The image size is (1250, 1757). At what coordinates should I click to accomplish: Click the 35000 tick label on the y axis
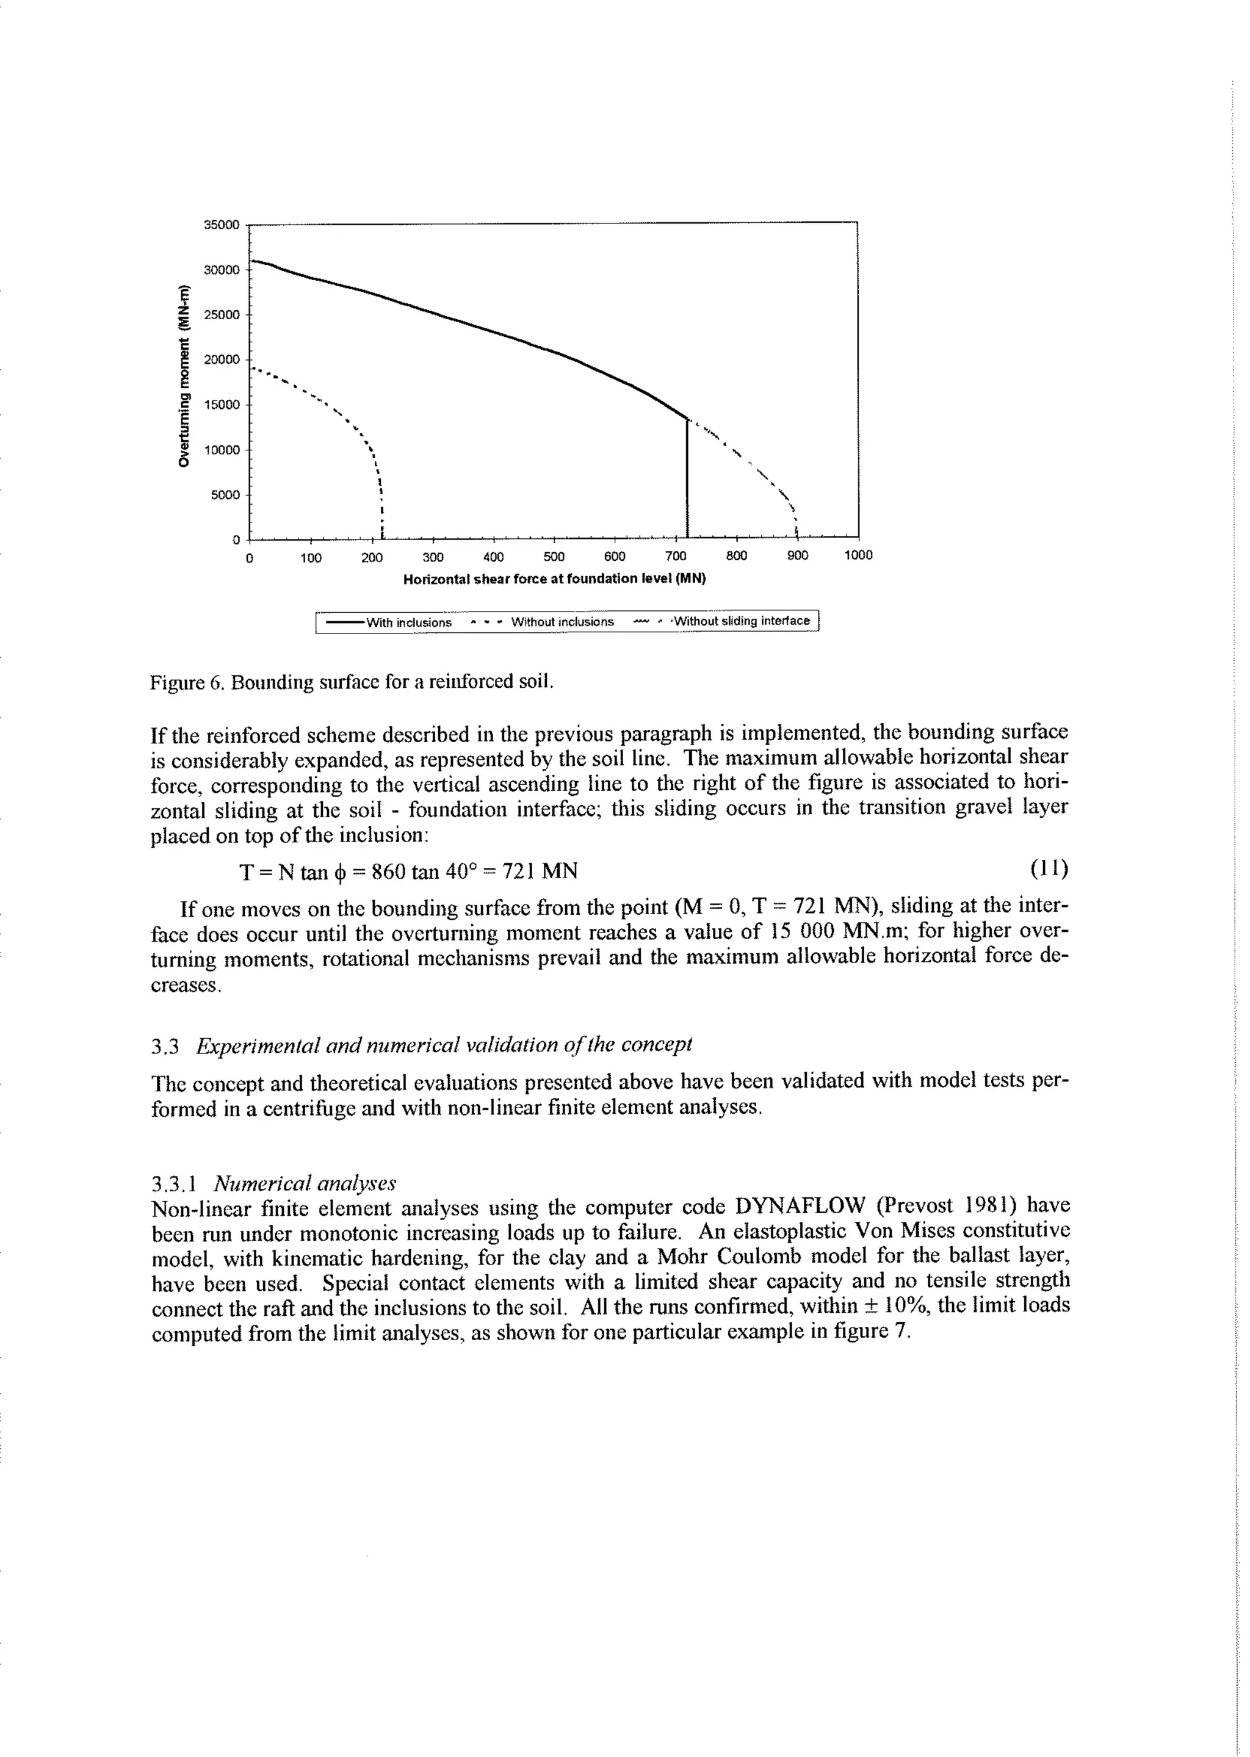[222, 225]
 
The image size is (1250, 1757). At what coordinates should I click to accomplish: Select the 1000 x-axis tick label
[858, 555]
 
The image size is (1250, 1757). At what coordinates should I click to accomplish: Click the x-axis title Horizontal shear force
[554, 579]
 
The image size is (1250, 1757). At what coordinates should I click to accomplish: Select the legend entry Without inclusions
[562, 622]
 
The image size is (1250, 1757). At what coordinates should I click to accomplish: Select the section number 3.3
[165, 1046]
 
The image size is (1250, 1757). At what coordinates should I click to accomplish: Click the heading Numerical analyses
[305, 1182]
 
